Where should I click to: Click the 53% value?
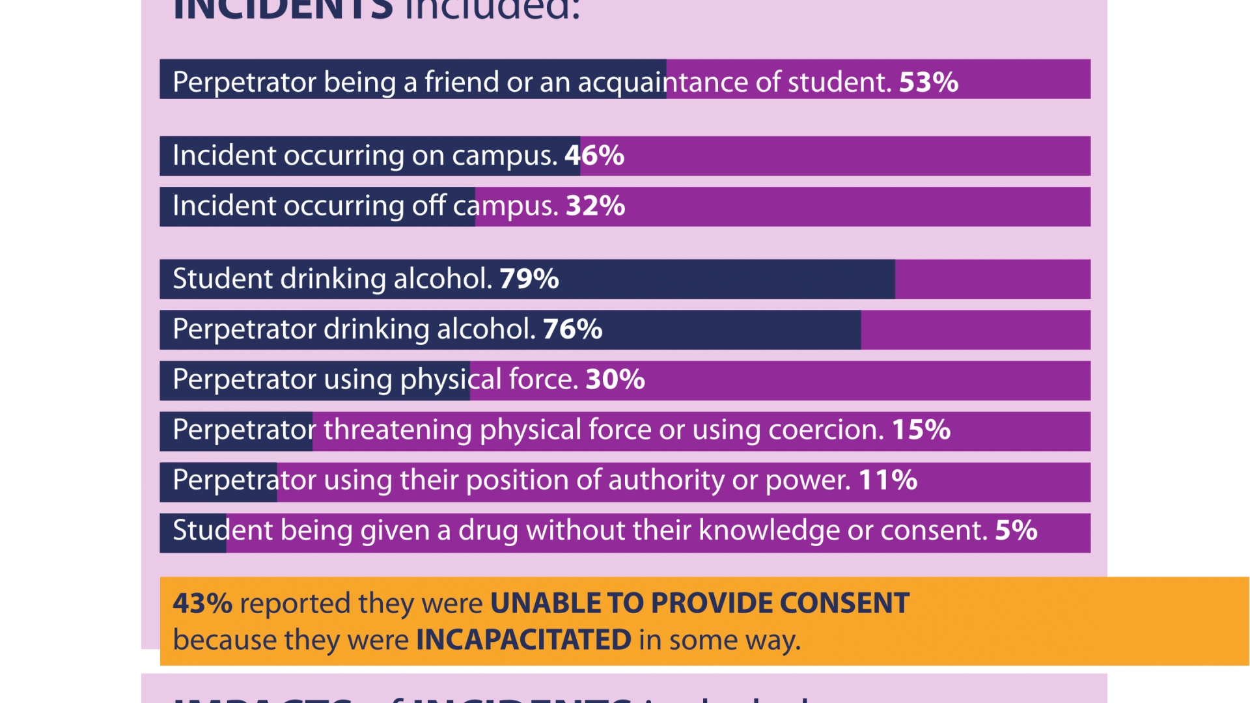928,82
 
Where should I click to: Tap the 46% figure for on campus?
594,156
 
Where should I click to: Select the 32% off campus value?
595,206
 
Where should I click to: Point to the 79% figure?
529,279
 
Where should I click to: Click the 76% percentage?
572,329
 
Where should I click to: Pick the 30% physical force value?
615,379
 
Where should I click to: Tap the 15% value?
921,430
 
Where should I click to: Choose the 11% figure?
888,480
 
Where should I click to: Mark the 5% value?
1016,531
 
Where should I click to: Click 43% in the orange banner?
202,603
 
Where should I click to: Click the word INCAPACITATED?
523,640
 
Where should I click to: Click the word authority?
666,480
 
